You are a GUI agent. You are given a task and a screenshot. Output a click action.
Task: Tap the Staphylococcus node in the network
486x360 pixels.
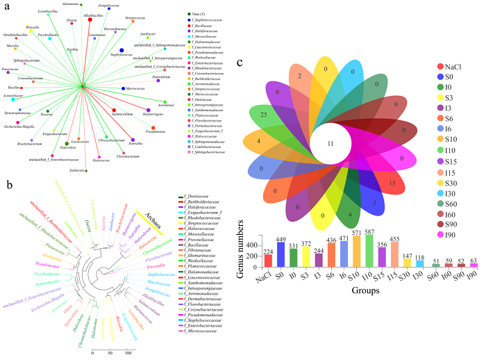point(122,50)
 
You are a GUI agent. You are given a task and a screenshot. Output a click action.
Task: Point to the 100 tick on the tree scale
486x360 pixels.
point(128,354)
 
